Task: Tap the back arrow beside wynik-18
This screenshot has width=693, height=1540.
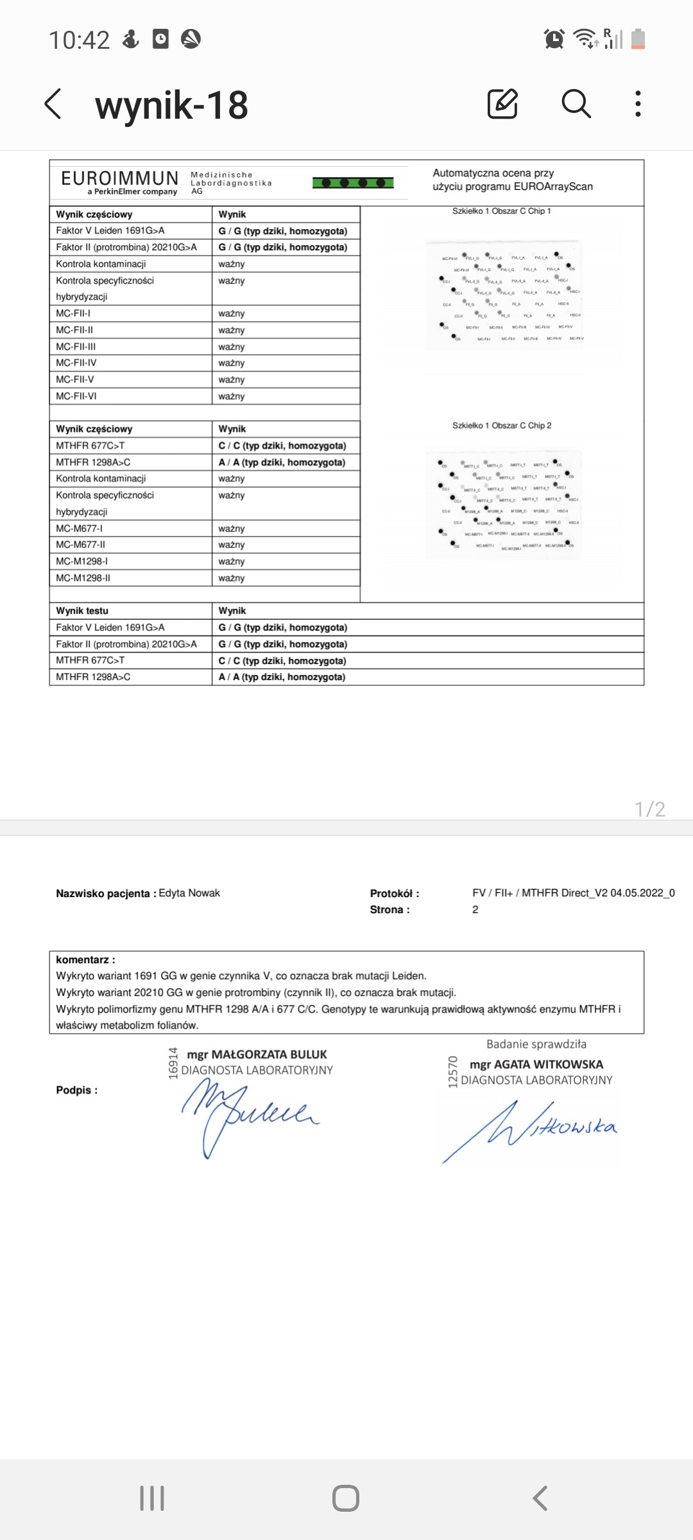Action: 54,104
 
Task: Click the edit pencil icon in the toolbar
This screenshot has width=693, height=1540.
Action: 502,104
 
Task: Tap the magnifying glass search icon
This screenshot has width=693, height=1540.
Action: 576,104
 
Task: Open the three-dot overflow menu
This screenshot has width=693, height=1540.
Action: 637,104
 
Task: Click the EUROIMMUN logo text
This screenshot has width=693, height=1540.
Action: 120,178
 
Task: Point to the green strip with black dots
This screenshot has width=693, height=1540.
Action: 353,183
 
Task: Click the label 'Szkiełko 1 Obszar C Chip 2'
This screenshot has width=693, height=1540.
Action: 502,425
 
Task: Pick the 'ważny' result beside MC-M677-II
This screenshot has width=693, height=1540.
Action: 232,545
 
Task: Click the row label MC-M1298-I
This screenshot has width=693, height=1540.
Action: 82,561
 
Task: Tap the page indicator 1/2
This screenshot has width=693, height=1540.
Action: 649,809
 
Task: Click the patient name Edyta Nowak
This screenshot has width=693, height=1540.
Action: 189,893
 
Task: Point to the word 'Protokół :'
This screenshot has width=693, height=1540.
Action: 395,893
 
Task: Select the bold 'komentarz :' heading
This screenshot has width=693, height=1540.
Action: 85,960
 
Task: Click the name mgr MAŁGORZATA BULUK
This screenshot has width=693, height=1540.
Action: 257,1054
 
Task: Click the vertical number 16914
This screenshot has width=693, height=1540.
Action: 173,1063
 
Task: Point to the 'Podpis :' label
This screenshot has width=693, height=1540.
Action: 77,1090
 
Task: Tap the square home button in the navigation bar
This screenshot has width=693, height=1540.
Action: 346,1499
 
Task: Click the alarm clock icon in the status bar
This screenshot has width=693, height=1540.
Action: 554,39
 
